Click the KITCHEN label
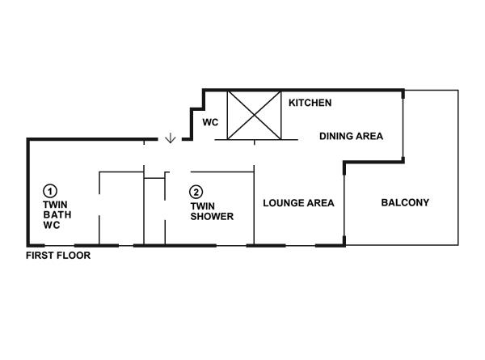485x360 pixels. (x=310, y=103)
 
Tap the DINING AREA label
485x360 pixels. (x=351, y=136)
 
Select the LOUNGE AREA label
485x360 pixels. (x=298, y=203)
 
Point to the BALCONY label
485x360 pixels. (x=405, y=202)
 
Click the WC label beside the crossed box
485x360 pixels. (x=210, y=122)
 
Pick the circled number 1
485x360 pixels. (x=50, y=191)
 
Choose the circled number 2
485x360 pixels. (x=196, y=193)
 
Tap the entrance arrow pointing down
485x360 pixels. (x=171, y=138)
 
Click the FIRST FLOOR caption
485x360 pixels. (x=58, y=256)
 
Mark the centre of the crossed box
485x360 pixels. (x=255, y=115)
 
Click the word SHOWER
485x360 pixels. (x=212, y=216)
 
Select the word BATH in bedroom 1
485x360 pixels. (x=57, y=215)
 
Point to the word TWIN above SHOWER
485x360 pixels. (x=203, y=206)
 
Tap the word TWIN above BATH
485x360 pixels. (x=55, y=205)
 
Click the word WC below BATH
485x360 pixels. (x=52, y=225)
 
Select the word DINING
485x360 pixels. (x=336, y=136)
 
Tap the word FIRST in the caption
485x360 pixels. (x=40, y=256)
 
